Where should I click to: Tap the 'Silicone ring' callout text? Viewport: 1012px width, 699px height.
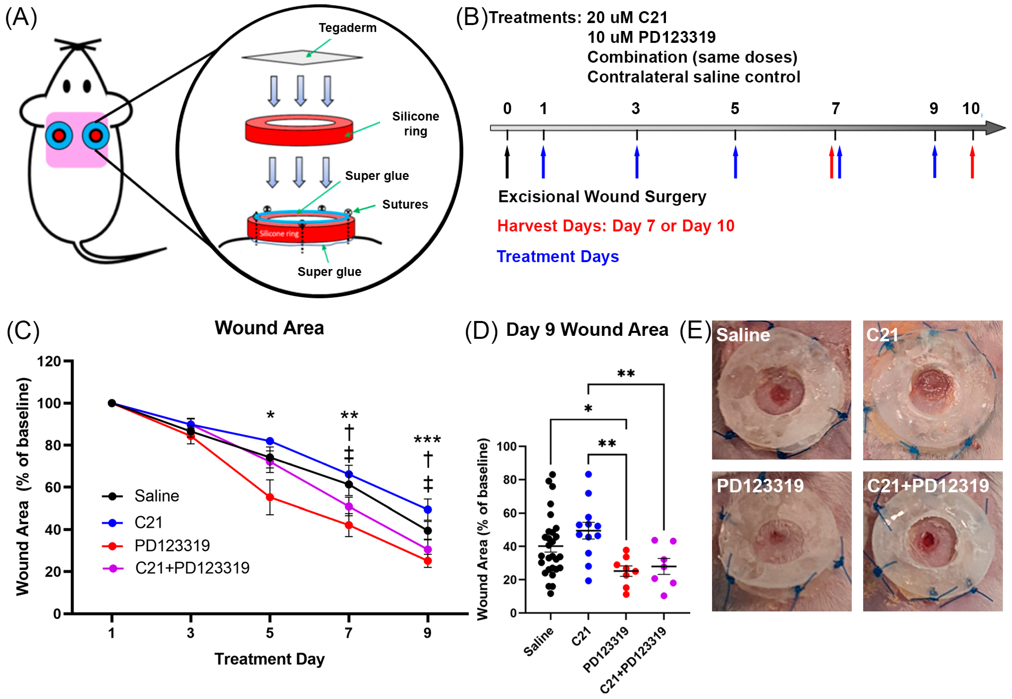click(415, 124)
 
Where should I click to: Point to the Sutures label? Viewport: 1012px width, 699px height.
click(405, 204)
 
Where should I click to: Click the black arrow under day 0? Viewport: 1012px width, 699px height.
click(507, 162)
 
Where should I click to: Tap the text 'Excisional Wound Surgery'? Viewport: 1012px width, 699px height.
click(602, 197)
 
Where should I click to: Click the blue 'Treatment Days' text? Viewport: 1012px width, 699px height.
click(557, 256)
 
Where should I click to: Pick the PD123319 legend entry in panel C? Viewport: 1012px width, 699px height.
click(172, 546)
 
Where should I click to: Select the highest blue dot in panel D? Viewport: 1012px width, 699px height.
click(588, 474)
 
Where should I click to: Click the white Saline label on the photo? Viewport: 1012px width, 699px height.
click(743, 335)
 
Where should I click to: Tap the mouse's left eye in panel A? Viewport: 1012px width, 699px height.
click(67, 86)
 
